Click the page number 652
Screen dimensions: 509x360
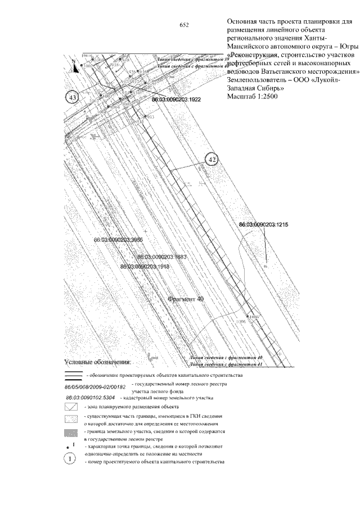[x=183, y=25]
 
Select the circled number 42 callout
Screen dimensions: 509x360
[x=212, y=160]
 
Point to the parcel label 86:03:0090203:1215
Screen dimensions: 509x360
[x=263, y=224]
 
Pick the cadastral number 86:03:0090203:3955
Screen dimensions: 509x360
[x=119, y=240]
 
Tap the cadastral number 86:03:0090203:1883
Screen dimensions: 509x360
[x=161, y=256]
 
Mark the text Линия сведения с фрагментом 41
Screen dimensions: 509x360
[x=228, y=364]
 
